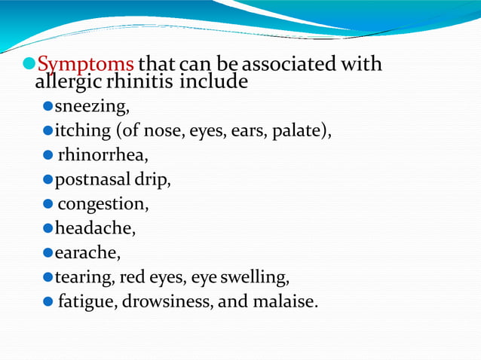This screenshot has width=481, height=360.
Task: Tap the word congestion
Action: pyautogui.click(x=102, y=204)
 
